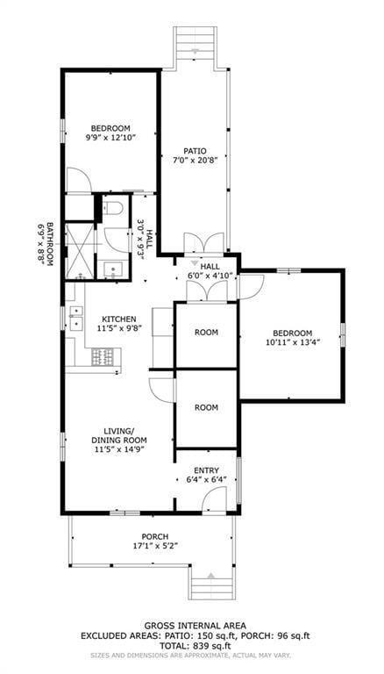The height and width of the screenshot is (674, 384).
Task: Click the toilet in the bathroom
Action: point(111,209)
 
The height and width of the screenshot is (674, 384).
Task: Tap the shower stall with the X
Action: point(81,250)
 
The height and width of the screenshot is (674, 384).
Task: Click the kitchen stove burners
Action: point(103,356)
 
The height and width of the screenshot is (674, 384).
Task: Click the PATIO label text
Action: point(195,150)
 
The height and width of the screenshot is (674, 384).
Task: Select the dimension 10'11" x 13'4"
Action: point(292,343)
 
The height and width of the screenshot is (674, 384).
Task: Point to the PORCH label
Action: point(155,536)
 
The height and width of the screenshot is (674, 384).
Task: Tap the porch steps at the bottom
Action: point(209,583)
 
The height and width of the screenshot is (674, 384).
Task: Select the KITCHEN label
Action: point(118,319)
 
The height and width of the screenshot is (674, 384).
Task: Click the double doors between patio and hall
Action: point(196,243)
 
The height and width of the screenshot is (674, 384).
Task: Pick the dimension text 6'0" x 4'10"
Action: point(210,276)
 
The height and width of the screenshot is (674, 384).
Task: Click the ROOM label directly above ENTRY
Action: point(206,408)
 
